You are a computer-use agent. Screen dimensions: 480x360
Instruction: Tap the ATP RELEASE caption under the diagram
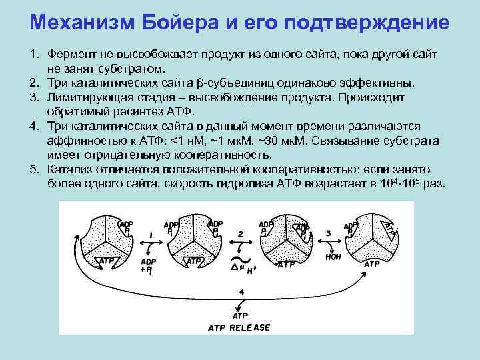[x=241, y=327]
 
